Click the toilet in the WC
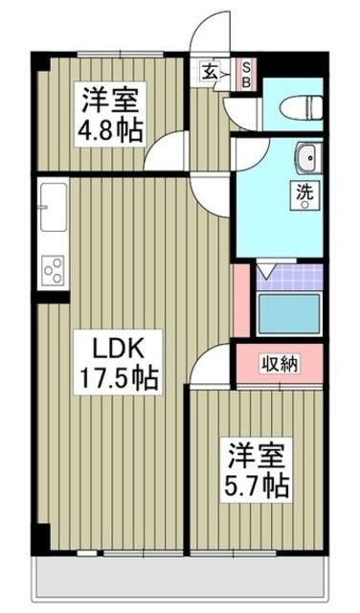point(303,107)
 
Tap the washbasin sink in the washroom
point(309,158)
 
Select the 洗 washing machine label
point(305,193)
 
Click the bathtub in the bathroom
point(289,314)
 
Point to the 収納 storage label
point(280,364)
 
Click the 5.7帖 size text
point(256,486)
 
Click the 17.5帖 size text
point(119,377)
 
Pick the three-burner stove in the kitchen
point(54,270)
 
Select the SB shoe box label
point(247,75)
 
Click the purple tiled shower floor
point(290,277)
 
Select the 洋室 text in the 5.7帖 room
point(256,456)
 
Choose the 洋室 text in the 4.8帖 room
point(110,100)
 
